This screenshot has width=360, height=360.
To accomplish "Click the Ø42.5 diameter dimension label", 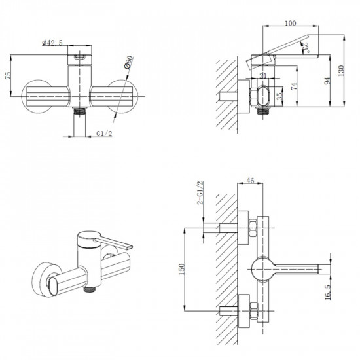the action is tap(52, 43).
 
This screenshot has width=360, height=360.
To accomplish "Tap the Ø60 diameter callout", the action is tap(128, 62).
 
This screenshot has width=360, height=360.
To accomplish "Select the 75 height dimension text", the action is tap(8, 75).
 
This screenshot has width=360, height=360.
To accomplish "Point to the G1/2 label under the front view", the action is tap(104, 134).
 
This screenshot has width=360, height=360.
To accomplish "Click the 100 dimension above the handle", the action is tap(291, 23).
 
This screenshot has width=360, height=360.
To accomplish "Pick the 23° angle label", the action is tap(306, 47).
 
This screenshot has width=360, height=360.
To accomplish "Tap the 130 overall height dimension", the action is tap(341, 71).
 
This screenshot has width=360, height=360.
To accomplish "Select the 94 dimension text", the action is tap(327, 81).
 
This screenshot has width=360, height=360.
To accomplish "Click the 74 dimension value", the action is tap(294, 86).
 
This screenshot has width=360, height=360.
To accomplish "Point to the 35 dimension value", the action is tap(279, 96).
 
